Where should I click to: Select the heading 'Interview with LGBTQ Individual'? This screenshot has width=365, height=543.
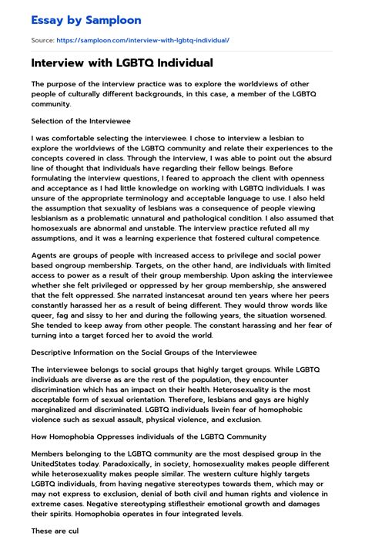(x=122, y=63)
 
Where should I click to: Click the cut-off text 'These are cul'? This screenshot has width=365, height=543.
(x=51, y=531)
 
